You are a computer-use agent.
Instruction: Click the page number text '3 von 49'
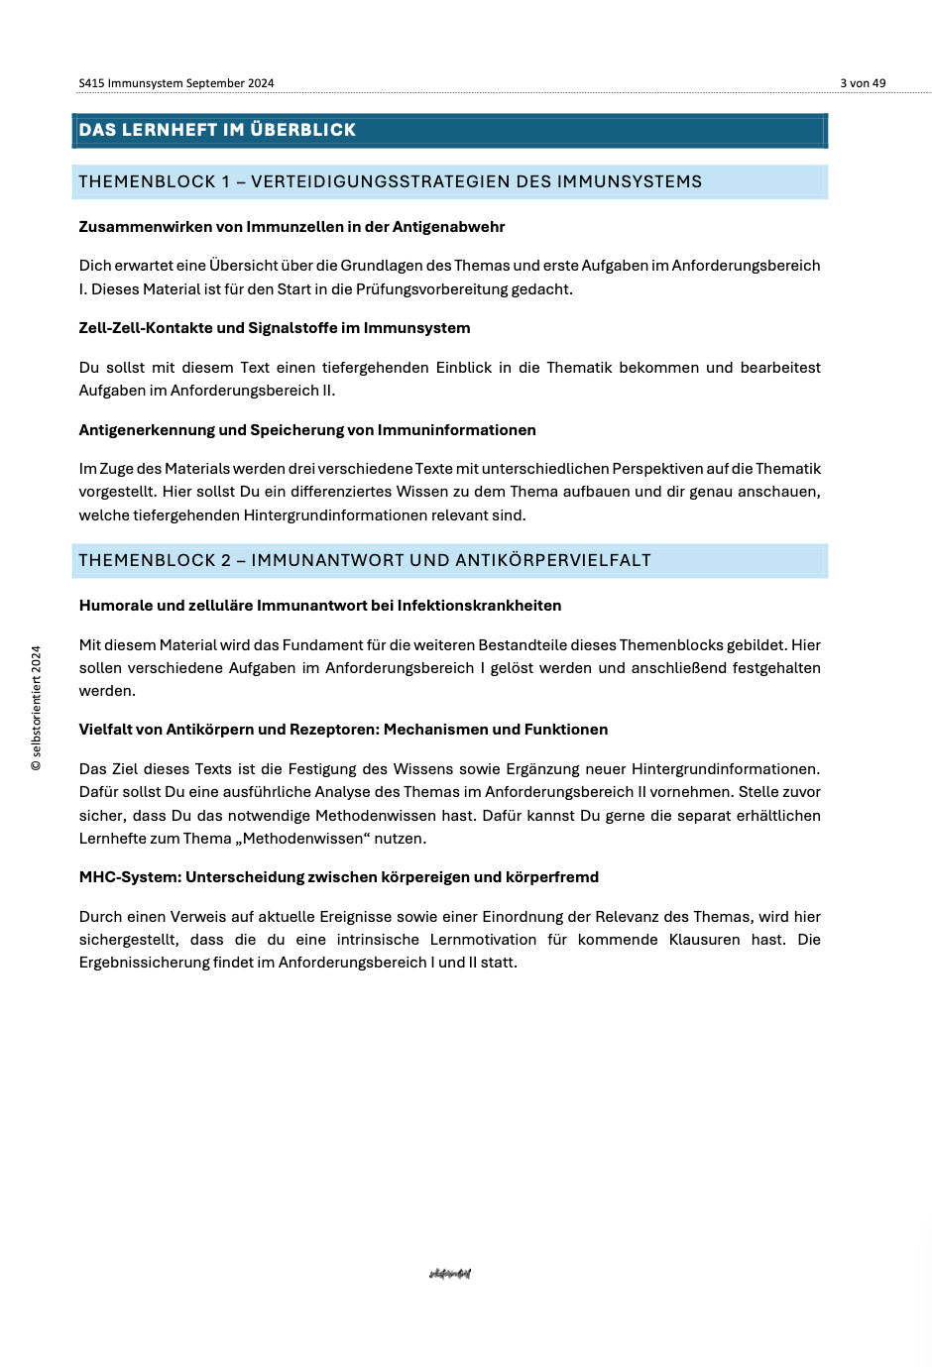[863, 83]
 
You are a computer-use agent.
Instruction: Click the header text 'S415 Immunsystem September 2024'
[176, 83]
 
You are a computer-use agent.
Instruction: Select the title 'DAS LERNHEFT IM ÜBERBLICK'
[217, 130]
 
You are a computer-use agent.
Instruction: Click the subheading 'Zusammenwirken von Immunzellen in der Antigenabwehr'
[291, 227]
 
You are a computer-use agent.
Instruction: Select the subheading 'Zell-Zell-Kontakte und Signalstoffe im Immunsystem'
[275, 328]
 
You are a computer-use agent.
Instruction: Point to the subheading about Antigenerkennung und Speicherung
[307, 430]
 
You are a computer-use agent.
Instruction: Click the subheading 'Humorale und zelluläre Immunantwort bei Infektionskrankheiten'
[320, 606]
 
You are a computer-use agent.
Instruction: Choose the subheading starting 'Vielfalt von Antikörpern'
[343, 730]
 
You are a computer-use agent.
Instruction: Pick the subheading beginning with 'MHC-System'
[339, 877]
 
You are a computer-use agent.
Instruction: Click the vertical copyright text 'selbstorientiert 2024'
[37, 709]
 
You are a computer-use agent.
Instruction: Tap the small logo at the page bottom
[450, 1274]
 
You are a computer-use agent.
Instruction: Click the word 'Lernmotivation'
[483, 940]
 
